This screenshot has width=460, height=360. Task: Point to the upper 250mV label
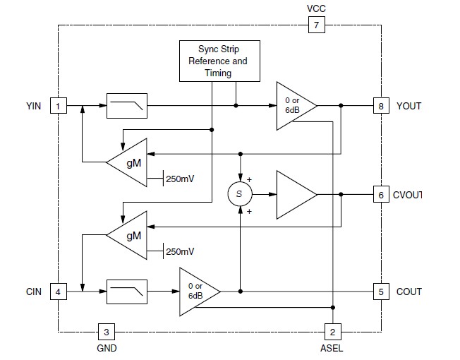[x=180, y=179]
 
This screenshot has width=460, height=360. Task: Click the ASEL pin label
[x=332, y=348]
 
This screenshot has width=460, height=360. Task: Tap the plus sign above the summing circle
[x=249, y=179]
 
